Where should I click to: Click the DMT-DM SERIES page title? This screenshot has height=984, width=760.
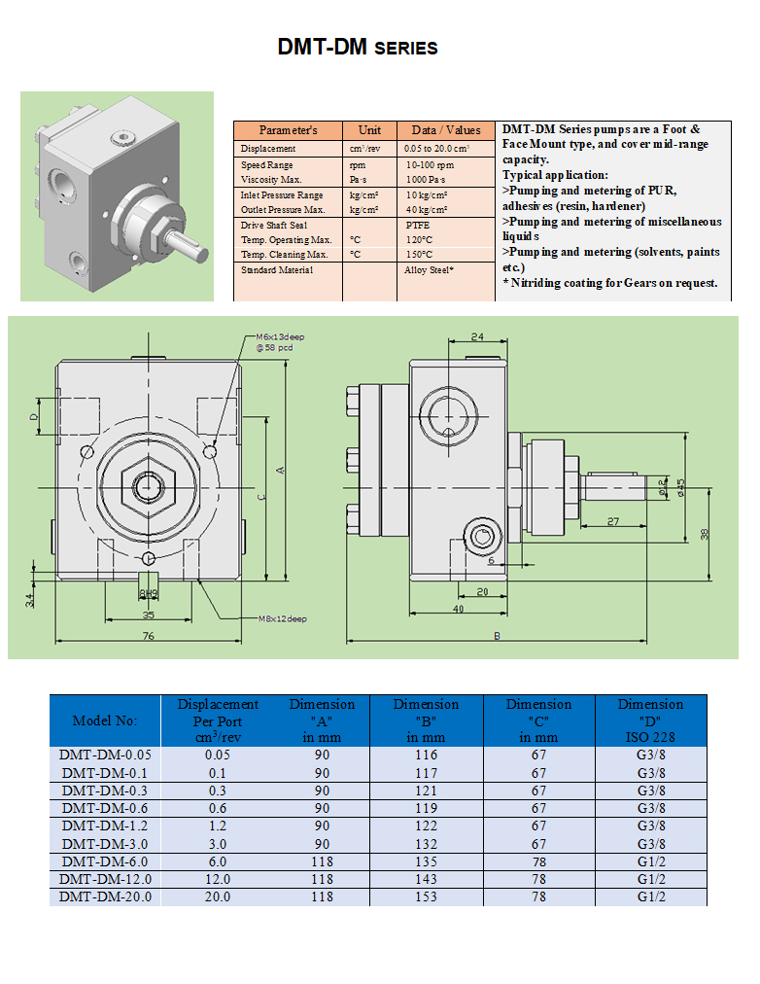click(x=357, y=48)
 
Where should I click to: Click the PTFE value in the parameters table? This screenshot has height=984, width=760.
click(x=417, y=225)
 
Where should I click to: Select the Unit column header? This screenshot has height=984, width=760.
click(x=369, y=130)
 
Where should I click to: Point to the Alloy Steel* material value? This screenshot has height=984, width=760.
click(x=429, y=269)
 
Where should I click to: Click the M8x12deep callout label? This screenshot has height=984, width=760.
click(x=282, y=618)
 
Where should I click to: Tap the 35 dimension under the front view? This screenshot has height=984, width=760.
click(x=148, y=615)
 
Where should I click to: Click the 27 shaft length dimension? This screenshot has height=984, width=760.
click(x=612, y=522)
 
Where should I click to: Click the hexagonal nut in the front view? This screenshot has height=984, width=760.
click(x=148, y=483)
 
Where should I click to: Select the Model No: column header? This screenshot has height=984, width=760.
click(x=105, y=720)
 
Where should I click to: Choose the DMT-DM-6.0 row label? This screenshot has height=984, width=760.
click(x=105, y=861)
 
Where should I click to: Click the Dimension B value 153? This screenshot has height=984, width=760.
click(x=426, y=896)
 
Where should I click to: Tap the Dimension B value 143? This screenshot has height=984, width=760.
click(x=426, y=879)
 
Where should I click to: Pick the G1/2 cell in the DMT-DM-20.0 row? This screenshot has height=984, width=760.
click(x=650, y=896)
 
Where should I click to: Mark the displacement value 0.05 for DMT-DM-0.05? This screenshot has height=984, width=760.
click(x=218, y=756)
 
